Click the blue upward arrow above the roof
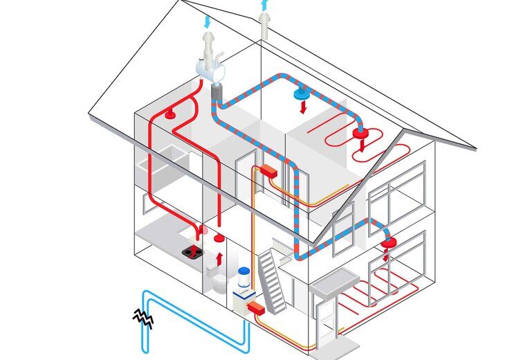(264, 6)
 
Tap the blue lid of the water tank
(243, 271)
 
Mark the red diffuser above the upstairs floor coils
(360, 132)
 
